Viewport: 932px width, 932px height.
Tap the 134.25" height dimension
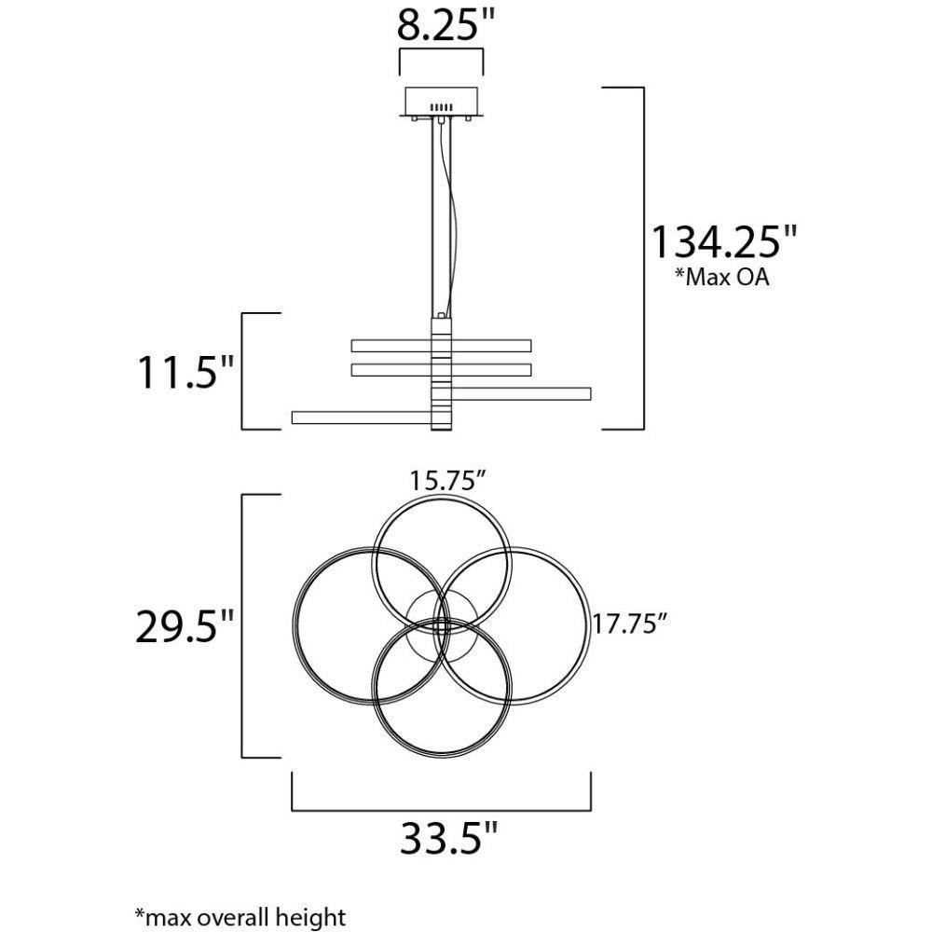point(724,241)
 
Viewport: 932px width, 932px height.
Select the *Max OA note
point(721,277)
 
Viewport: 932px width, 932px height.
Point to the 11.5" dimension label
point(185,372)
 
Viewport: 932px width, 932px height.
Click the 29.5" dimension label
point(185,626)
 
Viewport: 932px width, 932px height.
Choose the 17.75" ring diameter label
point(630,624)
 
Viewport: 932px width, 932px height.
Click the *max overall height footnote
point(240,917)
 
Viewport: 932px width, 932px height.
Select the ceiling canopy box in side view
point(441,102)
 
